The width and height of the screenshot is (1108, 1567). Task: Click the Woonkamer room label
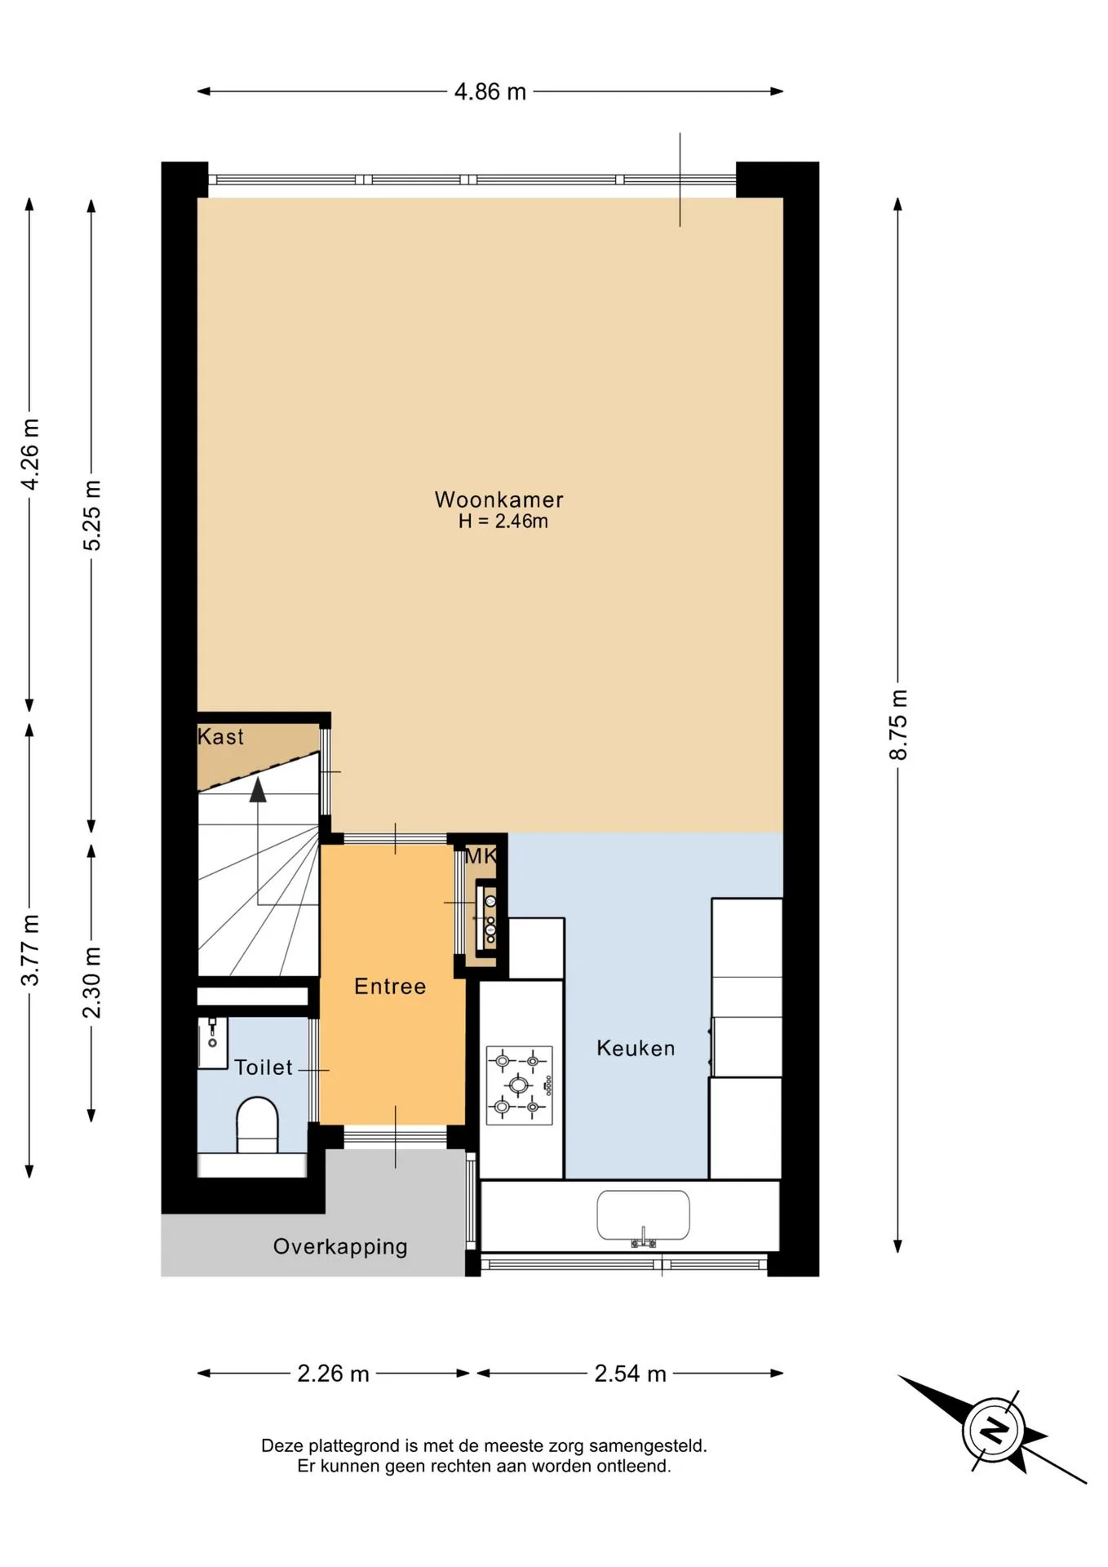[499, 499]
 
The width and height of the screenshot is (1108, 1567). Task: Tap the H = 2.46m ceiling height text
[503, 522]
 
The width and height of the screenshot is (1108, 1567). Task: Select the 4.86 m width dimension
[490, 91]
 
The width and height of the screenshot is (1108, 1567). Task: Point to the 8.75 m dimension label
[897, 725]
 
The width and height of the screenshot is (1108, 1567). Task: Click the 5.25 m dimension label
[92, 516]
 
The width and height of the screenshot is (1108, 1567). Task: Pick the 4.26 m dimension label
[29, 454]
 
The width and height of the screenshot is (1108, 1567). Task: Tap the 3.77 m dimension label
[29, 950]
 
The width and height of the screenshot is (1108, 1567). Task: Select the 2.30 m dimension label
[92, 983]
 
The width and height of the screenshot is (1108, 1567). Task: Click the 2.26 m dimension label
[333, 1374]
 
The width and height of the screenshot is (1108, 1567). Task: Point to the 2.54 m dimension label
[630, 1374]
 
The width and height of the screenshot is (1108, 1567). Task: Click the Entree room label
[390, 987]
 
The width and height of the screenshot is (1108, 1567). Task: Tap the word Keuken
[636, 1048]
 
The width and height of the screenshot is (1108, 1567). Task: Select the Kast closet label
[220, 737]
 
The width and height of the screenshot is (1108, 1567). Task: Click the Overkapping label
[340, 1247]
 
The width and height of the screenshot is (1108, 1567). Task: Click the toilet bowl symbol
[257, 1125]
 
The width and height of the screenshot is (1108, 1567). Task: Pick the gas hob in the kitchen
[520, 1085]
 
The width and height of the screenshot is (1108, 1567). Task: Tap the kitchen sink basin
[643, 1215]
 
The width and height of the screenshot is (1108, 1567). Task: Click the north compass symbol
[993, 1430]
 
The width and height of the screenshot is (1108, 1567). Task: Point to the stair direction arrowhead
[258, 789]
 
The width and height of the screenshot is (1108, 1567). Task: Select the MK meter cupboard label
[481, 856]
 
